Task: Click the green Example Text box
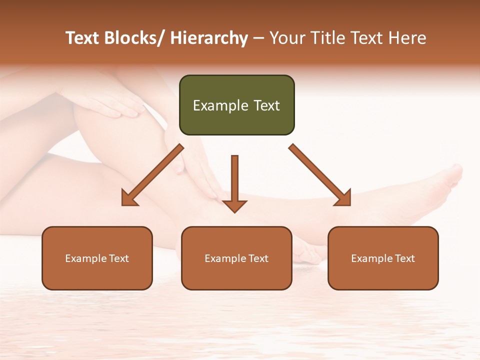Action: pos(236,105)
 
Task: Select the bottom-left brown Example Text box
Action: pos(97,258)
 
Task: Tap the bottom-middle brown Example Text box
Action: pos(236,258)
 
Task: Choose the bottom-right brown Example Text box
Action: pos(383,258)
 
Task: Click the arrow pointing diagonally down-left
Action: pos(152,175)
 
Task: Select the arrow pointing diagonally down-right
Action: pos(320,175)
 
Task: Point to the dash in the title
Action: pos(258,38)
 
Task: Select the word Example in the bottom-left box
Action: pos(86,258)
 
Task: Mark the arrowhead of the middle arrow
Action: pos(234,206)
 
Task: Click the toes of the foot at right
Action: pos(452,175)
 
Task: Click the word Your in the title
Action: pos(287,38)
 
